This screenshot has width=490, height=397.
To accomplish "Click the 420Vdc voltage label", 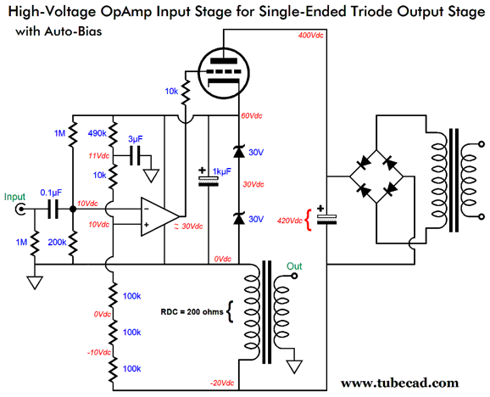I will (x=290, y=221).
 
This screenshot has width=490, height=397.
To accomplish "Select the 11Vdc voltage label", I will (x=98, y=156).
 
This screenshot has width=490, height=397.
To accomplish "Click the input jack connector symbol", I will (x=21, y=210).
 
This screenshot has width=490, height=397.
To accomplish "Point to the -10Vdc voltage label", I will (x=99, y=351).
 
